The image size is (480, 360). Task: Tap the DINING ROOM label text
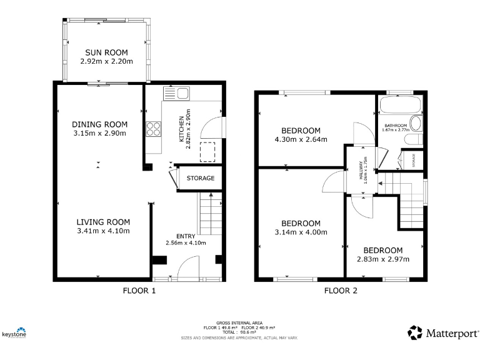point(99,124)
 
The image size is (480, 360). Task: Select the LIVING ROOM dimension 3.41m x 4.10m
point(103,231)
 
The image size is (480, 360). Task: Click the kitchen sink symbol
point(177,94)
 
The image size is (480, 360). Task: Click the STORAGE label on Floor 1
point(200,179)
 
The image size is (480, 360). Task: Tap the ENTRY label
point(185,236)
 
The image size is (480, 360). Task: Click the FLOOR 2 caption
point(340,291)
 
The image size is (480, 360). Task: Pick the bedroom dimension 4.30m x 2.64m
point(301,140)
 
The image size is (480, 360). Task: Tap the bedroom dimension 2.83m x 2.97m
point(379,259)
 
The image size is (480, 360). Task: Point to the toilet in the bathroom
point(414,123)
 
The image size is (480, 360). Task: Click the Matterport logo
point(444,332)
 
